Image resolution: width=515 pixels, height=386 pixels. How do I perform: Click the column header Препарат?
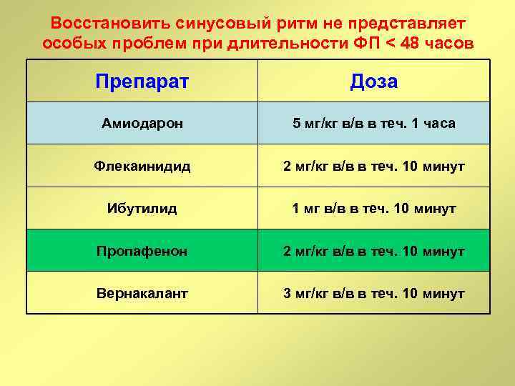[x=142, y=81]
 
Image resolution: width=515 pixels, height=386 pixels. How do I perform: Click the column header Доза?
[x=373, y=81]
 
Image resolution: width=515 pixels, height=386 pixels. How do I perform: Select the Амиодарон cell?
[x=142, y=123]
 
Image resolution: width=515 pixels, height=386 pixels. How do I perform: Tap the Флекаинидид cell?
[x=142, y=166]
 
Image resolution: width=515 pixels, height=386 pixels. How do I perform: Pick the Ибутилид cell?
[x=142, y=209]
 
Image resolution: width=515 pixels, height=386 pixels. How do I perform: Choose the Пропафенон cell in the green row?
[x=142, y=251]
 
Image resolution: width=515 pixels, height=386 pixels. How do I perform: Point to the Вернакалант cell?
[x=142, y=293]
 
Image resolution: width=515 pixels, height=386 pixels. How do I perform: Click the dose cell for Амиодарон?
[x=373, y=123]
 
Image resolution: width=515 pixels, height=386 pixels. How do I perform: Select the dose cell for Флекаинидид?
[x=373, y=166]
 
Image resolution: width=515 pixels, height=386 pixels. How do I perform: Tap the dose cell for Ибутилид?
[x=373, y=209]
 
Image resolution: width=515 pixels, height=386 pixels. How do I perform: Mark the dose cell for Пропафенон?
[x=373, y=251]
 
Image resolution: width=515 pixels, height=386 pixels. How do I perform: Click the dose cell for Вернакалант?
[x=373, y=293]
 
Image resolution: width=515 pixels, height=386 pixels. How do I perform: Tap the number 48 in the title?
[x=411, y=42]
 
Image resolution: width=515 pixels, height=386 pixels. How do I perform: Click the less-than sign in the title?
[x=387, y=43]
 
